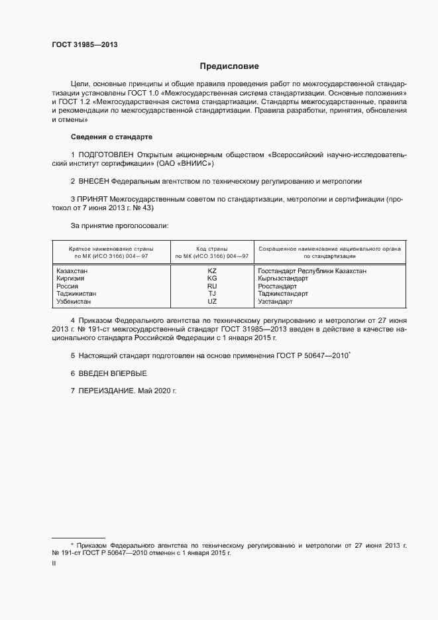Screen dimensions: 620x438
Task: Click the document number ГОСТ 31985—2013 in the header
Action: [84, 45]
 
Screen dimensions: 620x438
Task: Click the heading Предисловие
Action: [229, 66]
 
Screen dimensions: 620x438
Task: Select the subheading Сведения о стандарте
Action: [112, 137]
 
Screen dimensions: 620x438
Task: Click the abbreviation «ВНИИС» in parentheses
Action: [196, 163]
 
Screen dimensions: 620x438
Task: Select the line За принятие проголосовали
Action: [119, 225]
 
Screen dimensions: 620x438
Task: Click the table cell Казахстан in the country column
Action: [72, 271]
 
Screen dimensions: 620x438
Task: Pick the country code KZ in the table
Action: [212, 271]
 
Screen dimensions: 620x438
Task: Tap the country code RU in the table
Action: [212, 286]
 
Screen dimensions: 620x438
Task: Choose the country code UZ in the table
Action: [212, 301]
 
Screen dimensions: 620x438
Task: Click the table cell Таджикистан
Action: [76, 293]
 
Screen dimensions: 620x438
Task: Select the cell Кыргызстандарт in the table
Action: [283, 279]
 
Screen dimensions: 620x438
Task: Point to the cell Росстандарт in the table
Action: [278, 286]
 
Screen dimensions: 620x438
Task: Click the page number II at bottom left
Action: [54, 562]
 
